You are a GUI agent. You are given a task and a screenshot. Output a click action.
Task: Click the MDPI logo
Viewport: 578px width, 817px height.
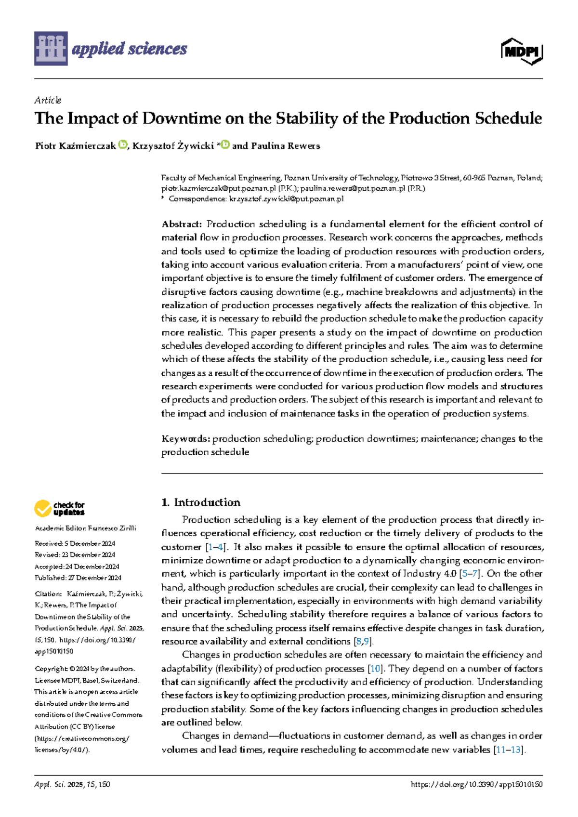(x=522, y=51)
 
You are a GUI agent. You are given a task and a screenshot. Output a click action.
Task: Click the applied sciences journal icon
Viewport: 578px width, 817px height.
(x=51, y=49)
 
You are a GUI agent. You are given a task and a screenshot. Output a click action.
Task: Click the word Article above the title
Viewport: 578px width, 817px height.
(x=48, y=100)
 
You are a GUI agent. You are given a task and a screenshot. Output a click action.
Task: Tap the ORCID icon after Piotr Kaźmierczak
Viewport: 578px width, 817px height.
(x=122, y=144)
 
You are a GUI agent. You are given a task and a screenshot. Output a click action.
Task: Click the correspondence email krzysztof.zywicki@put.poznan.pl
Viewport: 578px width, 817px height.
(x=286, y=199)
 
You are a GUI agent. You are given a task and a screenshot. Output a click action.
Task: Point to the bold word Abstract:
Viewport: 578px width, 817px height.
(x=182, y=224)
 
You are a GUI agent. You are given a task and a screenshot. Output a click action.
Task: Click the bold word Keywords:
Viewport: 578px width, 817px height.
(x=185, y=439)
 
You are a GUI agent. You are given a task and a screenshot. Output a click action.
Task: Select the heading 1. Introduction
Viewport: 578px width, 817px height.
(x=201, y=502)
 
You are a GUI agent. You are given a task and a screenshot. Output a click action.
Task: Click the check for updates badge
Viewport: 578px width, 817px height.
(x=59, y=508)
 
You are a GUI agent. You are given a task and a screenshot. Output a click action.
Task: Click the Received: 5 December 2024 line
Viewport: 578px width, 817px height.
(x=75, y=543)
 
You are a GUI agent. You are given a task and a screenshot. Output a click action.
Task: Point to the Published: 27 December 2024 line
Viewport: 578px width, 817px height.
(x=78, y=578)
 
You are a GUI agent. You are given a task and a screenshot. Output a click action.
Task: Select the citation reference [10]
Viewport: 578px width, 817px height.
(x=375, y=669)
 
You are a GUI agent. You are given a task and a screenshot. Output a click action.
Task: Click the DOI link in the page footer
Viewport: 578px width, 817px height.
(x=476, y=785)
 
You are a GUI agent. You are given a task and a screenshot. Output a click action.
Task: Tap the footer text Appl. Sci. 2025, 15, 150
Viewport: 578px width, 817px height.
(x=72, y=785)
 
